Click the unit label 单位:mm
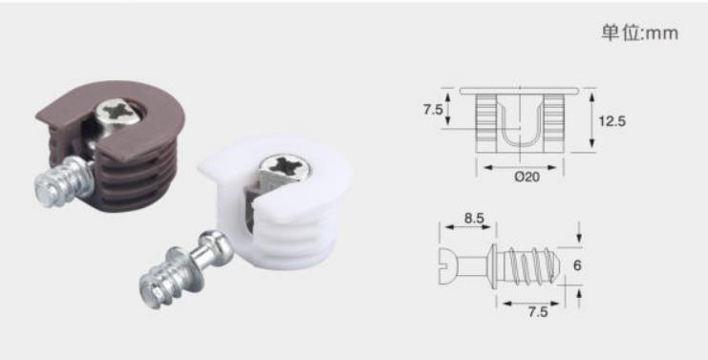pyautogui.click(x=640, y=32)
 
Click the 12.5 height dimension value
pyautogui.click(x=611, y=121)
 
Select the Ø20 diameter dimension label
pyautogui.click(x=526, y=177)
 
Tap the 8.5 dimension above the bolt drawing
pyautogui.click(x=474, y=218)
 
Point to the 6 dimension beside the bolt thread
pyautogui.click(x=577, y=265)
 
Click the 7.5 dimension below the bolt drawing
pyautogui.click(x=538, y=311)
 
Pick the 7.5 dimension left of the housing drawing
pyautogui.click(x=433, y=109)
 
